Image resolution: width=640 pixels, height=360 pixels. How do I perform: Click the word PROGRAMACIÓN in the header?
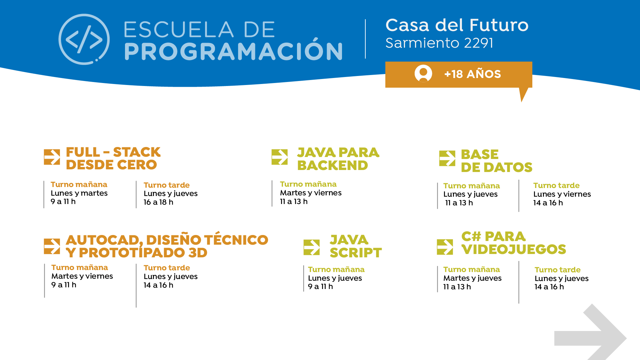(233, 51)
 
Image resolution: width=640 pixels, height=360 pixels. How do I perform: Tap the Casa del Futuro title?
(457, 25)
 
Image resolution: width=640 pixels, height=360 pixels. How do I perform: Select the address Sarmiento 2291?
(439, 43)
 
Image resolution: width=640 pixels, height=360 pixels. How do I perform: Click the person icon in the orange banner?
(423, 73)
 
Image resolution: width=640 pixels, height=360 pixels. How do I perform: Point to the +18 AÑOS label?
(472, 74)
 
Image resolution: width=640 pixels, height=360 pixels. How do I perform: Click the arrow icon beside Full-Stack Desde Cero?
(52, 157)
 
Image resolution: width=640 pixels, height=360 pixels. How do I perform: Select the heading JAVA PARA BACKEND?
(338, 159)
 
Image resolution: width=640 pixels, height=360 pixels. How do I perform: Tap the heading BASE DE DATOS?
(496, 161)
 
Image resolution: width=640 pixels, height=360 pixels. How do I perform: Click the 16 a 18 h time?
(158, 202)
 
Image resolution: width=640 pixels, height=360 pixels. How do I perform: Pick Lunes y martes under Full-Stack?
(79, 193)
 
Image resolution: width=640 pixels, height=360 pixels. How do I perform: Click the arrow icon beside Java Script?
(312, 247)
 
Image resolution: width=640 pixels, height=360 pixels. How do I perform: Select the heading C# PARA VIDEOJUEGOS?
(513, 243)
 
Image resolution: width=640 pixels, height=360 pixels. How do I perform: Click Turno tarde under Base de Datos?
(556, 185)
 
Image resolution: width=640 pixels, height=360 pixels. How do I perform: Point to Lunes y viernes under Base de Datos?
(562, 194)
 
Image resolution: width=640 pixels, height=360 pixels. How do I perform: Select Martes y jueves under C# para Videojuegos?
(472, 278)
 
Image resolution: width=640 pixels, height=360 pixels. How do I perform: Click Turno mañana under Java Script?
(336, 269)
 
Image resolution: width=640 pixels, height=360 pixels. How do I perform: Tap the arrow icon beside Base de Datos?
(447, 158)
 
